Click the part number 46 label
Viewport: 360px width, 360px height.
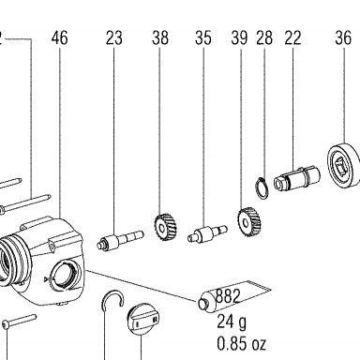(60, 37)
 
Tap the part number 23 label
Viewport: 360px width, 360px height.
(114, 37)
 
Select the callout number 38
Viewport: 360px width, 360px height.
(160, 37)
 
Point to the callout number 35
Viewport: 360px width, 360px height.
(203, 37)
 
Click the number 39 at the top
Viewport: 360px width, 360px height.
(240, 37)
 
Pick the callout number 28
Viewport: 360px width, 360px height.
(264, 37)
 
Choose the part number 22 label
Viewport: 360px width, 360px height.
(292, 37)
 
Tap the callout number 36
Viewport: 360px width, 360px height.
(343, 37)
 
